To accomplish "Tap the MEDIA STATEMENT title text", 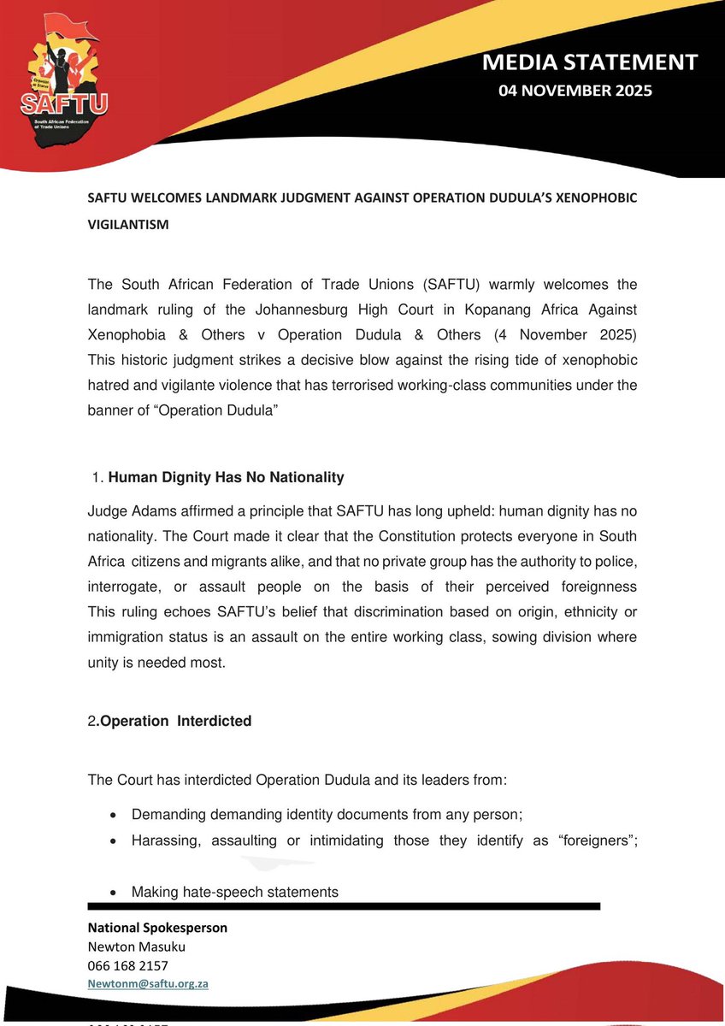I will [590, 62].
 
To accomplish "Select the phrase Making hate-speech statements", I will [234, 892].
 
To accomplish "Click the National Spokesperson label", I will [158, 928].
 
